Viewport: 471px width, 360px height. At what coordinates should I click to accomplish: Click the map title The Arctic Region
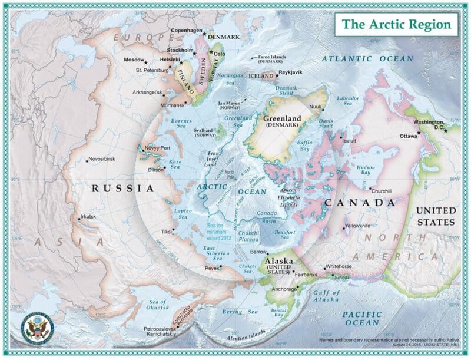coord(397,24)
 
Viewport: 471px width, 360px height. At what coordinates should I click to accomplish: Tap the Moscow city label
coord(134,60)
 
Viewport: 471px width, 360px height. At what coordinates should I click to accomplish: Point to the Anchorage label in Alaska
coord(280,289)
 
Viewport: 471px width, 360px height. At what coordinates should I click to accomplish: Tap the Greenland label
coord(282,118)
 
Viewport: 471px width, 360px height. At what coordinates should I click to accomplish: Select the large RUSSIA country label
coord(122,189)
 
